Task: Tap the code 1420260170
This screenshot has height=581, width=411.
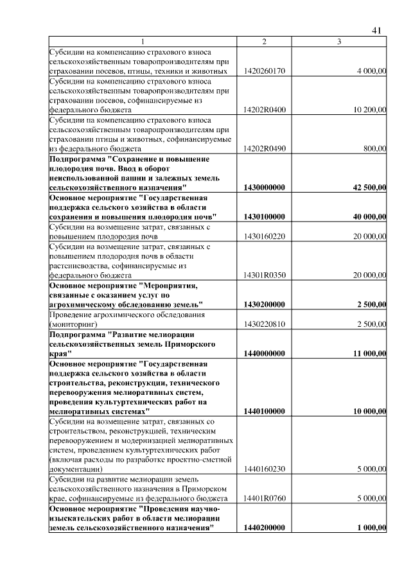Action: point(265,71)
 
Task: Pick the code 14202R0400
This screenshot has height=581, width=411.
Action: point(265,110)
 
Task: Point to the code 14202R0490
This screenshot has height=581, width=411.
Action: point(265,148)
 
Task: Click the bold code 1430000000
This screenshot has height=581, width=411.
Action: point(265,187)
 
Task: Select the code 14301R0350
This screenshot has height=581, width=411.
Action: point(265,275)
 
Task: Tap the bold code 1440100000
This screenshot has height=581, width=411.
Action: point(265,410)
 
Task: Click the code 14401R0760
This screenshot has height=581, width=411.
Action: point(265,498)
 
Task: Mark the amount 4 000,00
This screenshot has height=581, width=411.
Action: point(371,71)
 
